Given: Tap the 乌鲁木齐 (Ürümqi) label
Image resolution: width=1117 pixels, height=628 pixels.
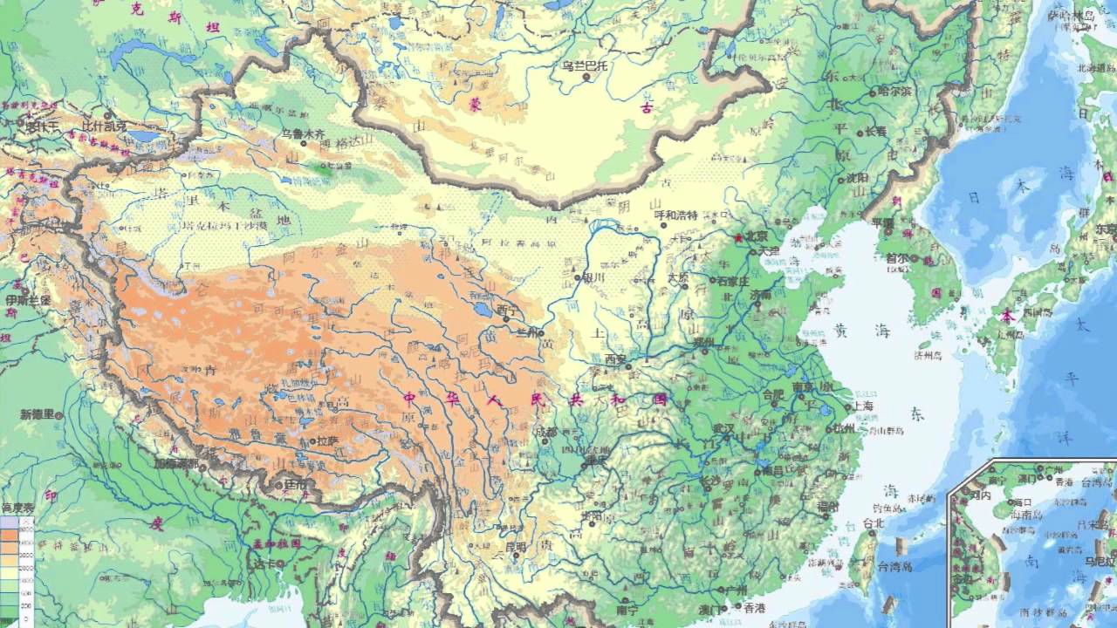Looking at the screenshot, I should tap(303, 134).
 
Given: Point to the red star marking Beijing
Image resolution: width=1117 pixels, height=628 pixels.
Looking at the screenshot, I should tap(738, 236).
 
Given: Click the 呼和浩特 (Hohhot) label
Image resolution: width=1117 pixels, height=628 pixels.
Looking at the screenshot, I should tap(676, 215).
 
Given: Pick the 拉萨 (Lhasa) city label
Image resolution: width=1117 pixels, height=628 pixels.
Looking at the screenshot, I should tap(326, 441).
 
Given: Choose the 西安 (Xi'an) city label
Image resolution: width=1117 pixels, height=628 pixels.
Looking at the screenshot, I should tap(616, 358).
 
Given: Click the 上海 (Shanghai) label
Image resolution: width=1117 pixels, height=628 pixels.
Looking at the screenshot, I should tap(864, 406).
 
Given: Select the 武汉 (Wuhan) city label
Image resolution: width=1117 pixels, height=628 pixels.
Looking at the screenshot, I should tap(724, 429).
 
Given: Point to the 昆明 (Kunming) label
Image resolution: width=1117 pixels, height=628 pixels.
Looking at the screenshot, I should tap(515, 548).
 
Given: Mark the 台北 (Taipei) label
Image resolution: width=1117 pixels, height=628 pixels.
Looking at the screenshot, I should tap(873, 524).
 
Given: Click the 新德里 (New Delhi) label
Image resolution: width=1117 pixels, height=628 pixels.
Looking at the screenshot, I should tap(38, 414).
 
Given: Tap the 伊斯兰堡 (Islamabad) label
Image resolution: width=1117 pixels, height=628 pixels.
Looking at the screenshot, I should tap(28, 300).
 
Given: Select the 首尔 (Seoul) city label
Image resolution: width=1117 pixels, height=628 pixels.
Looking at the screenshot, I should tap(897, 259).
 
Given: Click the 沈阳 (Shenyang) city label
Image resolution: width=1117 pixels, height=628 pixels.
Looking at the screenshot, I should tap(858, 177).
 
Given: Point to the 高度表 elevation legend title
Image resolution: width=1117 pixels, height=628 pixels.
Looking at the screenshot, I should tap(17, 508).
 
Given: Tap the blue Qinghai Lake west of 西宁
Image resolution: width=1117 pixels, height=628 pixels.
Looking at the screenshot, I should tap(480, 310).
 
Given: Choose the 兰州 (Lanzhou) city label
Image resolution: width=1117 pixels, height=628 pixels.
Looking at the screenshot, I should tap(528, 332).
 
